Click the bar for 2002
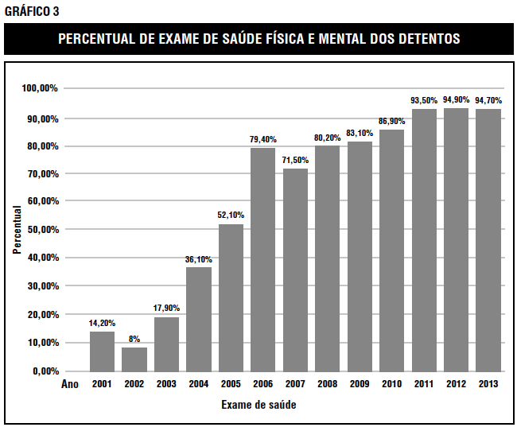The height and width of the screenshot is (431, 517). pyautogui.click(x=134, y=359)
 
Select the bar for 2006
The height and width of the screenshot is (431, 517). pyautogui.click(x=263, y=259)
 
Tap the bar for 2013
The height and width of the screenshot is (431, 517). pyautogui.click(x=488, y=239)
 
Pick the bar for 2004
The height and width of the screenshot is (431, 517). pyautogui.click(x=199, y=319)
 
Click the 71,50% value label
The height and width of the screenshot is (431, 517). pyautogui.click(x=295, y=160)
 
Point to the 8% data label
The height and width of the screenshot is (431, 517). pyautogui.click(x=134, y=339)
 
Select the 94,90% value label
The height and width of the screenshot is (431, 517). pyautogui.click(x=456, y=99)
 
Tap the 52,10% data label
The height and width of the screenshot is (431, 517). pyautogui.click(x=231, y=215)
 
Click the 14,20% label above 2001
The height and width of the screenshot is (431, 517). pyautogui.click(x=103, y=323)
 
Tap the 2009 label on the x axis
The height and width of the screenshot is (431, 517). pyautogui.click(x=360, y=384)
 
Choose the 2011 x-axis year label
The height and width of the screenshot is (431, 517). pyautogui.click(x=424, y=384)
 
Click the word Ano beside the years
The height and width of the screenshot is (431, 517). pyautogui.click(x=71, y=384)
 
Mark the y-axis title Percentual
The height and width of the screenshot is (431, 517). pyautogui.click(x=17, y=230)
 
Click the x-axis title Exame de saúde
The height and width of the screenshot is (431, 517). pyautogui.click(x=258, y=405)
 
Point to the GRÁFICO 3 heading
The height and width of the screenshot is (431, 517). pyautogui.click(x=32, y=10)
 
